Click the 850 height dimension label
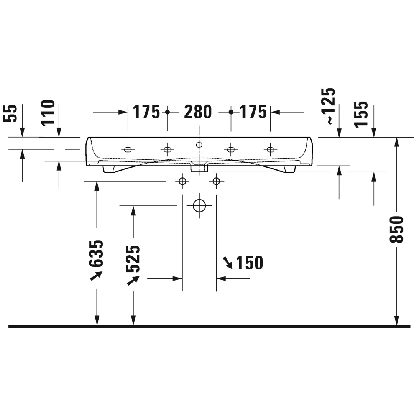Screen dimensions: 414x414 pyautogui.click(x=397, y=230)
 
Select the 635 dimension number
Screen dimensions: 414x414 pyautogui.click(x=95, y=253)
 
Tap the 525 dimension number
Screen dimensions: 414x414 pyautogui.click(x=133, y=259)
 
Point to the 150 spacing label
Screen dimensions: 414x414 pyautogui.click(x=249, y=263)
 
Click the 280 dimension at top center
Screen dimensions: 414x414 pyautogui.click(x=198, y=112)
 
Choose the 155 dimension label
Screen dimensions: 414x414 pyautogui.click(x=361, y=115)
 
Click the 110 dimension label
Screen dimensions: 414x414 pyautogui.click(x=48, y=112)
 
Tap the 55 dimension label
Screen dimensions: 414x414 pyautogui.click(x=10, y=113)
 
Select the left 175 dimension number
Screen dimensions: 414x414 pyautogui.click(x=146, y=112)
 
